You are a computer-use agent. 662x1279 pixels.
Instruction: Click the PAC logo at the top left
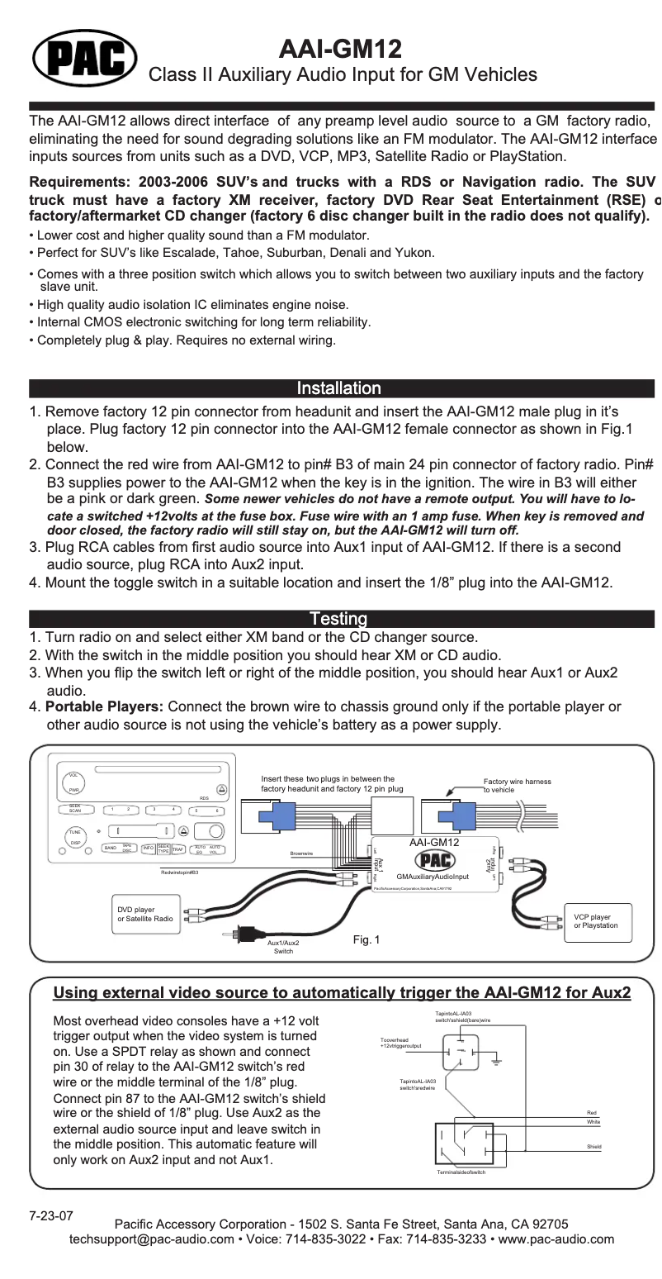click(x=84, y=55)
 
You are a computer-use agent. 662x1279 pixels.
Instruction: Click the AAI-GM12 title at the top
click(x=341, y=48)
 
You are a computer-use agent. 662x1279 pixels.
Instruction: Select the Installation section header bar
click(x=338, y=388)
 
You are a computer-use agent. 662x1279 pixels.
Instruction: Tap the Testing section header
click(x=338, y=619)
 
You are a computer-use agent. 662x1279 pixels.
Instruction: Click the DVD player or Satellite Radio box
click(x=146, y=914)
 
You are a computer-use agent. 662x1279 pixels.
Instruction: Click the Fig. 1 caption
click(x=366, y=940)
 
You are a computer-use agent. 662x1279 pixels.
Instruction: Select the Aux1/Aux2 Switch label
click(x=283, y=947)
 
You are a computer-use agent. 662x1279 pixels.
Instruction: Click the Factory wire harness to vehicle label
click(x=518, y=785)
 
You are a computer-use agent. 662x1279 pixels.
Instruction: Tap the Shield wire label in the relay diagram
click(x=593, y=1147)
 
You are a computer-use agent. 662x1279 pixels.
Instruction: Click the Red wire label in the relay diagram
click(x=591, y=1114)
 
